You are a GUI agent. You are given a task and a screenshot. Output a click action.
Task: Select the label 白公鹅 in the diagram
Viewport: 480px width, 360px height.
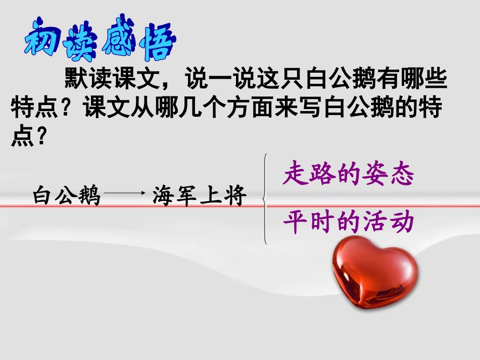(x=66, y=195)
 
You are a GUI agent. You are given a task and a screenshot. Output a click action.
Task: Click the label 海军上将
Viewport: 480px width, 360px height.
(x=198, y=195)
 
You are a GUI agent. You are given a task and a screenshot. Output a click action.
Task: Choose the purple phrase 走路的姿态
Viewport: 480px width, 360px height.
(x=349, y=174)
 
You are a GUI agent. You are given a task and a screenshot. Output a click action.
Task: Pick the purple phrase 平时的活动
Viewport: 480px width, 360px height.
(x=349, y=223)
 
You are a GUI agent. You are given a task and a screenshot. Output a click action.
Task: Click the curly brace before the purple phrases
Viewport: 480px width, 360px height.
(x=265, y=200)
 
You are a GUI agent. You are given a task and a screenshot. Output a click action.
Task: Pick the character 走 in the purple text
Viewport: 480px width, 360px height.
(x=295, y=174)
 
